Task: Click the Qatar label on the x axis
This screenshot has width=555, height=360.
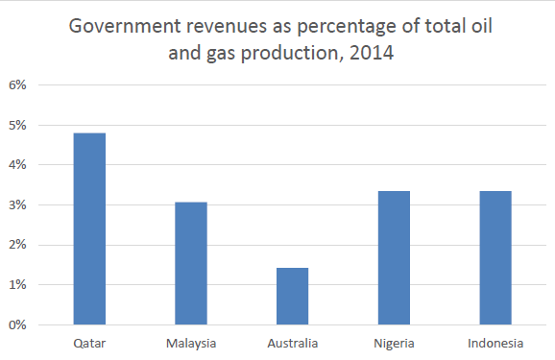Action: (89, 344)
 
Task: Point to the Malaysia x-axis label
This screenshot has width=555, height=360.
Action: (191, 344)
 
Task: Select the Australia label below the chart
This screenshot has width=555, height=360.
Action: (292, 344)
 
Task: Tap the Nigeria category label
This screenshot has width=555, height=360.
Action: (394, 344)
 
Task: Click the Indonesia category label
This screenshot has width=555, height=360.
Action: (495, 344)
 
